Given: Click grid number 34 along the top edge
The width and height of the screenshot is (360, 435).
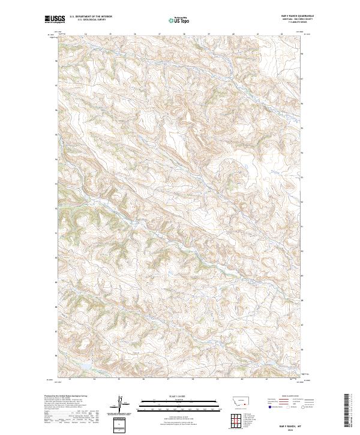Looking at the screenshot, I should coord(86,34).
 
